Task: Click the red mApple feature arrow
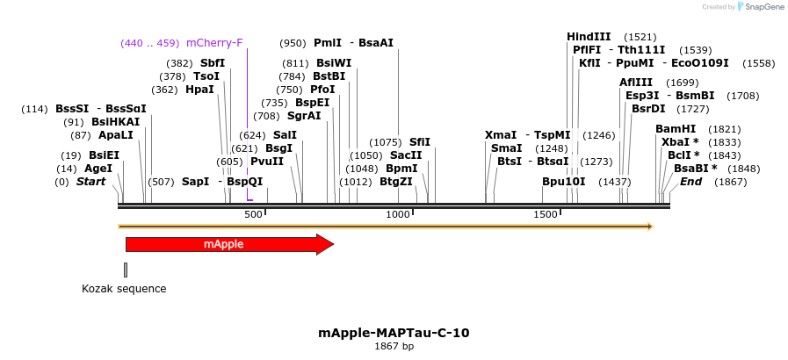(228, 244)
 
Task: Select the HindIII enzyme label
(589, 37)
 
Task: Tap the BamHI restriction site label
(676, 129)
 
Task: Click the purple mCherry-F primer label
(214, 43)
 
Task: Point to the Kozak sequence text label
(124, 288)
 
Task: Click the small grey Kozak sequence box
(126, 270)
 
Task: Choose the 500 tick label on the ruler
(253, 214)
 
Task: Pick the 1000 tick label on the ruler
(398, 214)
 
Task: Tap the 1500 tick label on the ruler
(545, 214)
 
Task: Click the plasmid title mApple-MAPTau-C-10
(394, 333)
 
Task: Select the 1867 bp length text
(394, 347)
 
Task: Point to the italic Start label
(90, 182)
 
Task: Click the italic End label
(690, 182)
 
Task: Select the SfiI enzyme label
(420, 142)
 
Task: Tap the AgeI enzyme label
(98, 169)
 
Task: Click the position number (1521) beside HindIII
(640, 37)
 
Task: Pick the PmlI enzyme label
(327, 43)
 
